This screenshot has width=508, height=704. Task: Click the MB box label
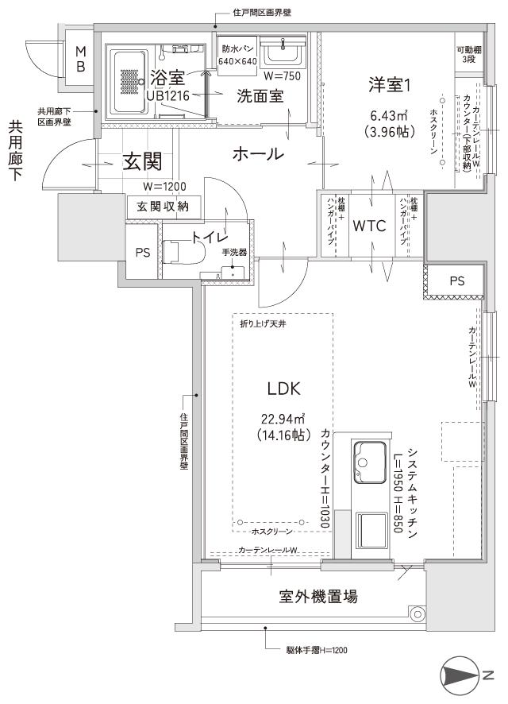(80, 60)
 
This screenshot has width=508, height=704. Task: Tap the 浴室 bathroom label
(167, 77)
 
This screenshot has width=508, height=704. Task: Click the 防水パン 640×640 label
(238, 54)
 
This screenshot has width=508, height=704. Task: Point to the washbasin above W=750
(279, 55)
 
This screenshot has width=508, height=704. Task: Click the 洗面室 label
(260, 96)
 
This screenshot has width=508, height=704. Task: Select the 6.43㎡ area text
(388, 115)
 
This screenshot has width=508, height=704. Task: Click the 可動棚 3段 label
(468, 55)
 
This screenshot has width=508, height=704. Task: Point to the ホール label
(258, 154)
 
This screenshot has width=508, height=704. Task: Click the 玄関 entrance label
(142, 162)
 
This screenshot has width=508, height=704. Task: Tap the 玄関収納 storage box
(164, 207)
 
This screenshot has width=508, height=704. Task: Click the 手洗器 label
(234, 253)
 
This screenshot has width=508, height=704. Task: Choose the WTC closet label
(369, 226)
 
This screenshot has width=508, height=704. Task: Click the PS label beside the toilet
(142, 253)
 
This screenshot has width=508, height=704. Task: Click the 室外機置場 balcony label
(317, 596)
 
